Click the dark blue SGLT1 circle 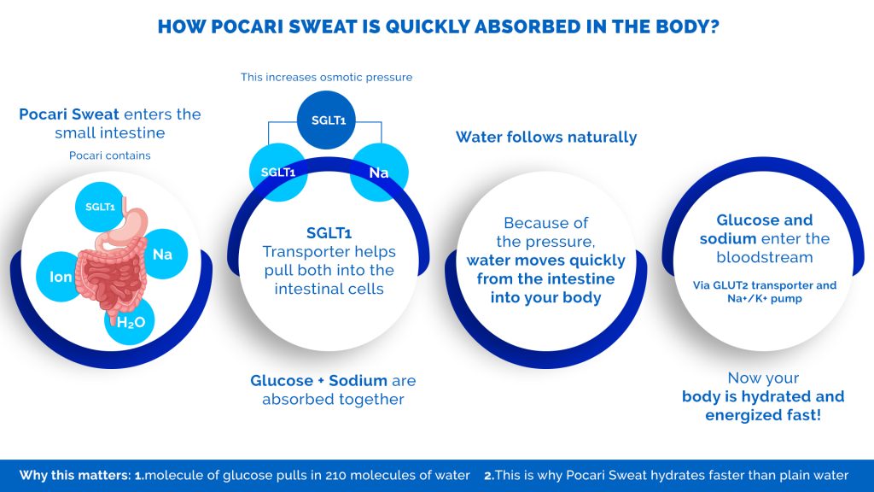[x=326, y=120]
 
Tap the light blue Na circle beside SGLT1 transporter [x=380, y=173]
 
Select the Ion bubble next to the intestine [x=61, y=277]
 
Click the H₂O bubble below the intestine [x=131, y=321]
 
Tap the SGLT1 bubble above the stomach [x=101, y=207]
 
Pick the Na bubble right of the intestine [x=162, y=255]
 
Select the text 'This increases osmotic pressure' [x=327, y=77]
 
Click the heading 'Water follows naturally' [x=546, y=138]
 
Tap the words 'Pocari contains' [x=110, y=155]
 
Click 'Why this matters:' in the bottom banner [x=75, y=475]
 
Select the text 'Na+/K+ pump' [x=765, y=298]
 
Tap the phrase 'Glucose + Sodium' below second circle [x=319, y=380]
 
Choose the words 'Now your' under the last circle [x=763, y=378]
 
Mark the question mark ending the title [x=713, y=26]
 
